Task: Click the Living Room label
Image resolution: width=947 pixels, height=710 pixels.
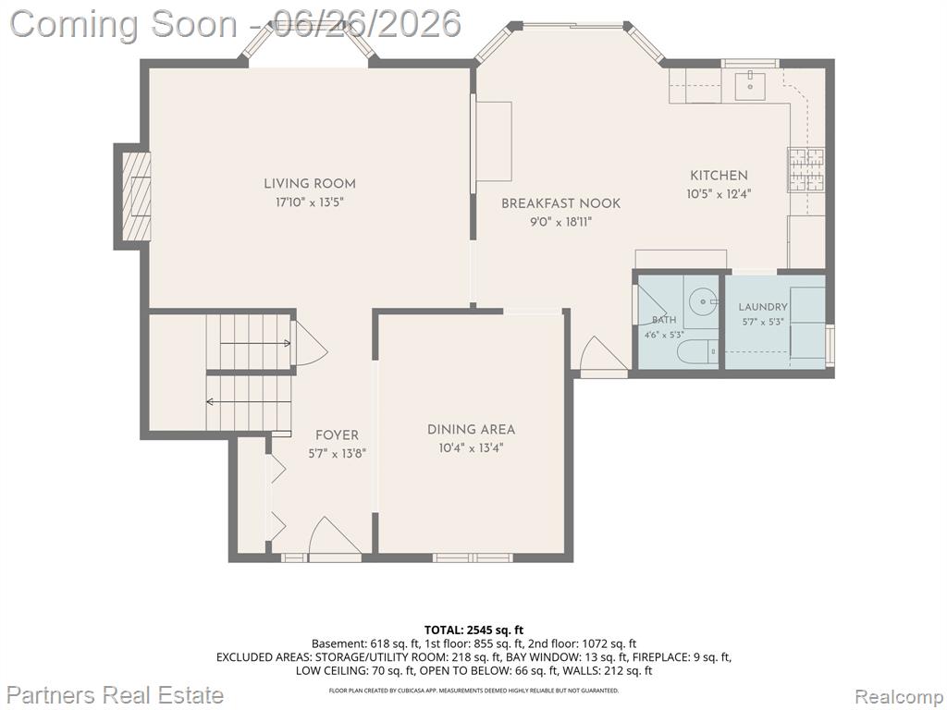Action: click(309, 184)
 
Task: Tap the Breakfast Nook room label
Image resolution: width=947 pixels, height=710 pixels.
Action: click(560, 203)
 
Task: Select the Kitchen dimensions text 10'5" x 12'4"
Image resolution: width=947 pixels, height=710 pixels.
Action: click(719, 194)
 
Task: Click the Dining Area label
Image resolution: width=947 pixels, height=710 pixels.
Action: click(471, 430)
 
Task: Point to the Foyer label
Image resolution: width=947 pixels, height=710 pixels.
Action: click(337, 435)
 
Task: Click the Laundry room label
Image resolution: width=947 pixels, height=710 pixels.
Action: click(763, 307)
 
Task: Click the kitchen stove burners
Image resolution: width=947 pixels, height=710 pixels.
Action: click(806, 170)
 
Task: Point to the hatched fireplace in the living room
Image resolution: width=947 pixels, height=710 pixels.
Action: click(136, 196)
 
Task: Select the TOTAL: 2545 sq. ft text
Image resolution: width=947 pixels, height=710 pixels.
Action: click(473, 630)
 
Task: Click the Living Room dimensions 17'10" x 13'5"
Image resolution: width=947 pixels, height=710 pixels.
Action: click(310, 202)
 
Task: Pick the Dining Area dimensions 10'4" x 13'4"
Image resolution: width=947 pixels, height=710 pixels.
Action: click(471, 448)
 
